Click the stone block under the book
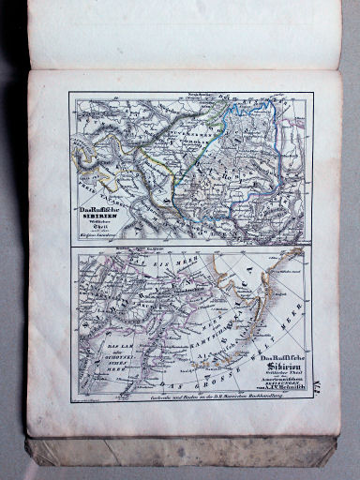coord(178,453)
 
